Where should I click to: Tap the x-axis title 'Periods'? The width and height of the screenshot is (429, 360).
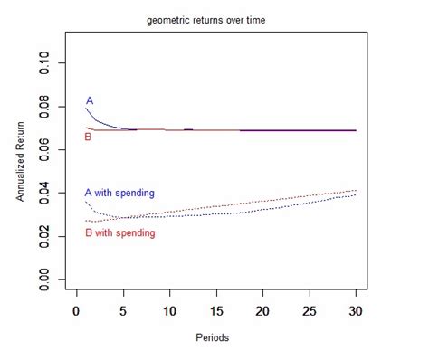point(215,338)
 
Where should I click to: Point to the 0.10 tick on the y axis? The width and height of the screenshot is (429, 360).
point(54,64)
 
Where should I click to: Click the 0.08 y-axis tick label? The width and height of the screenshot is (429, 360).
point(54,108)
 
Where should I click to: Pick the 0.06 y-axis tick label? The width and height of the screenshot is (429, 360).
point(54,151)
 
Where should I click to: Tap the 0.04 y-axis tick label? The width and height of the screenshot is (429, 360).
point(54,194)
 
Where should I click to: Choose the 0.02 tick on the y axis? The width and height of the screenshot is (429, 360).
point(54,237)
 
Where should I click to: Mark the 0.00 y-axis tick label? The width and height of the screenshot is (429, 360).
point(54,280)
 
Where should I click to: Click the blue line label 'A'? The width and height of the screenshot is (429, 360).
point(90,100)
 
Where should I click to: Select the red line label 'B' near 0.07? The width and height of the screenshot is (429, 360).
point(88,137)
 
